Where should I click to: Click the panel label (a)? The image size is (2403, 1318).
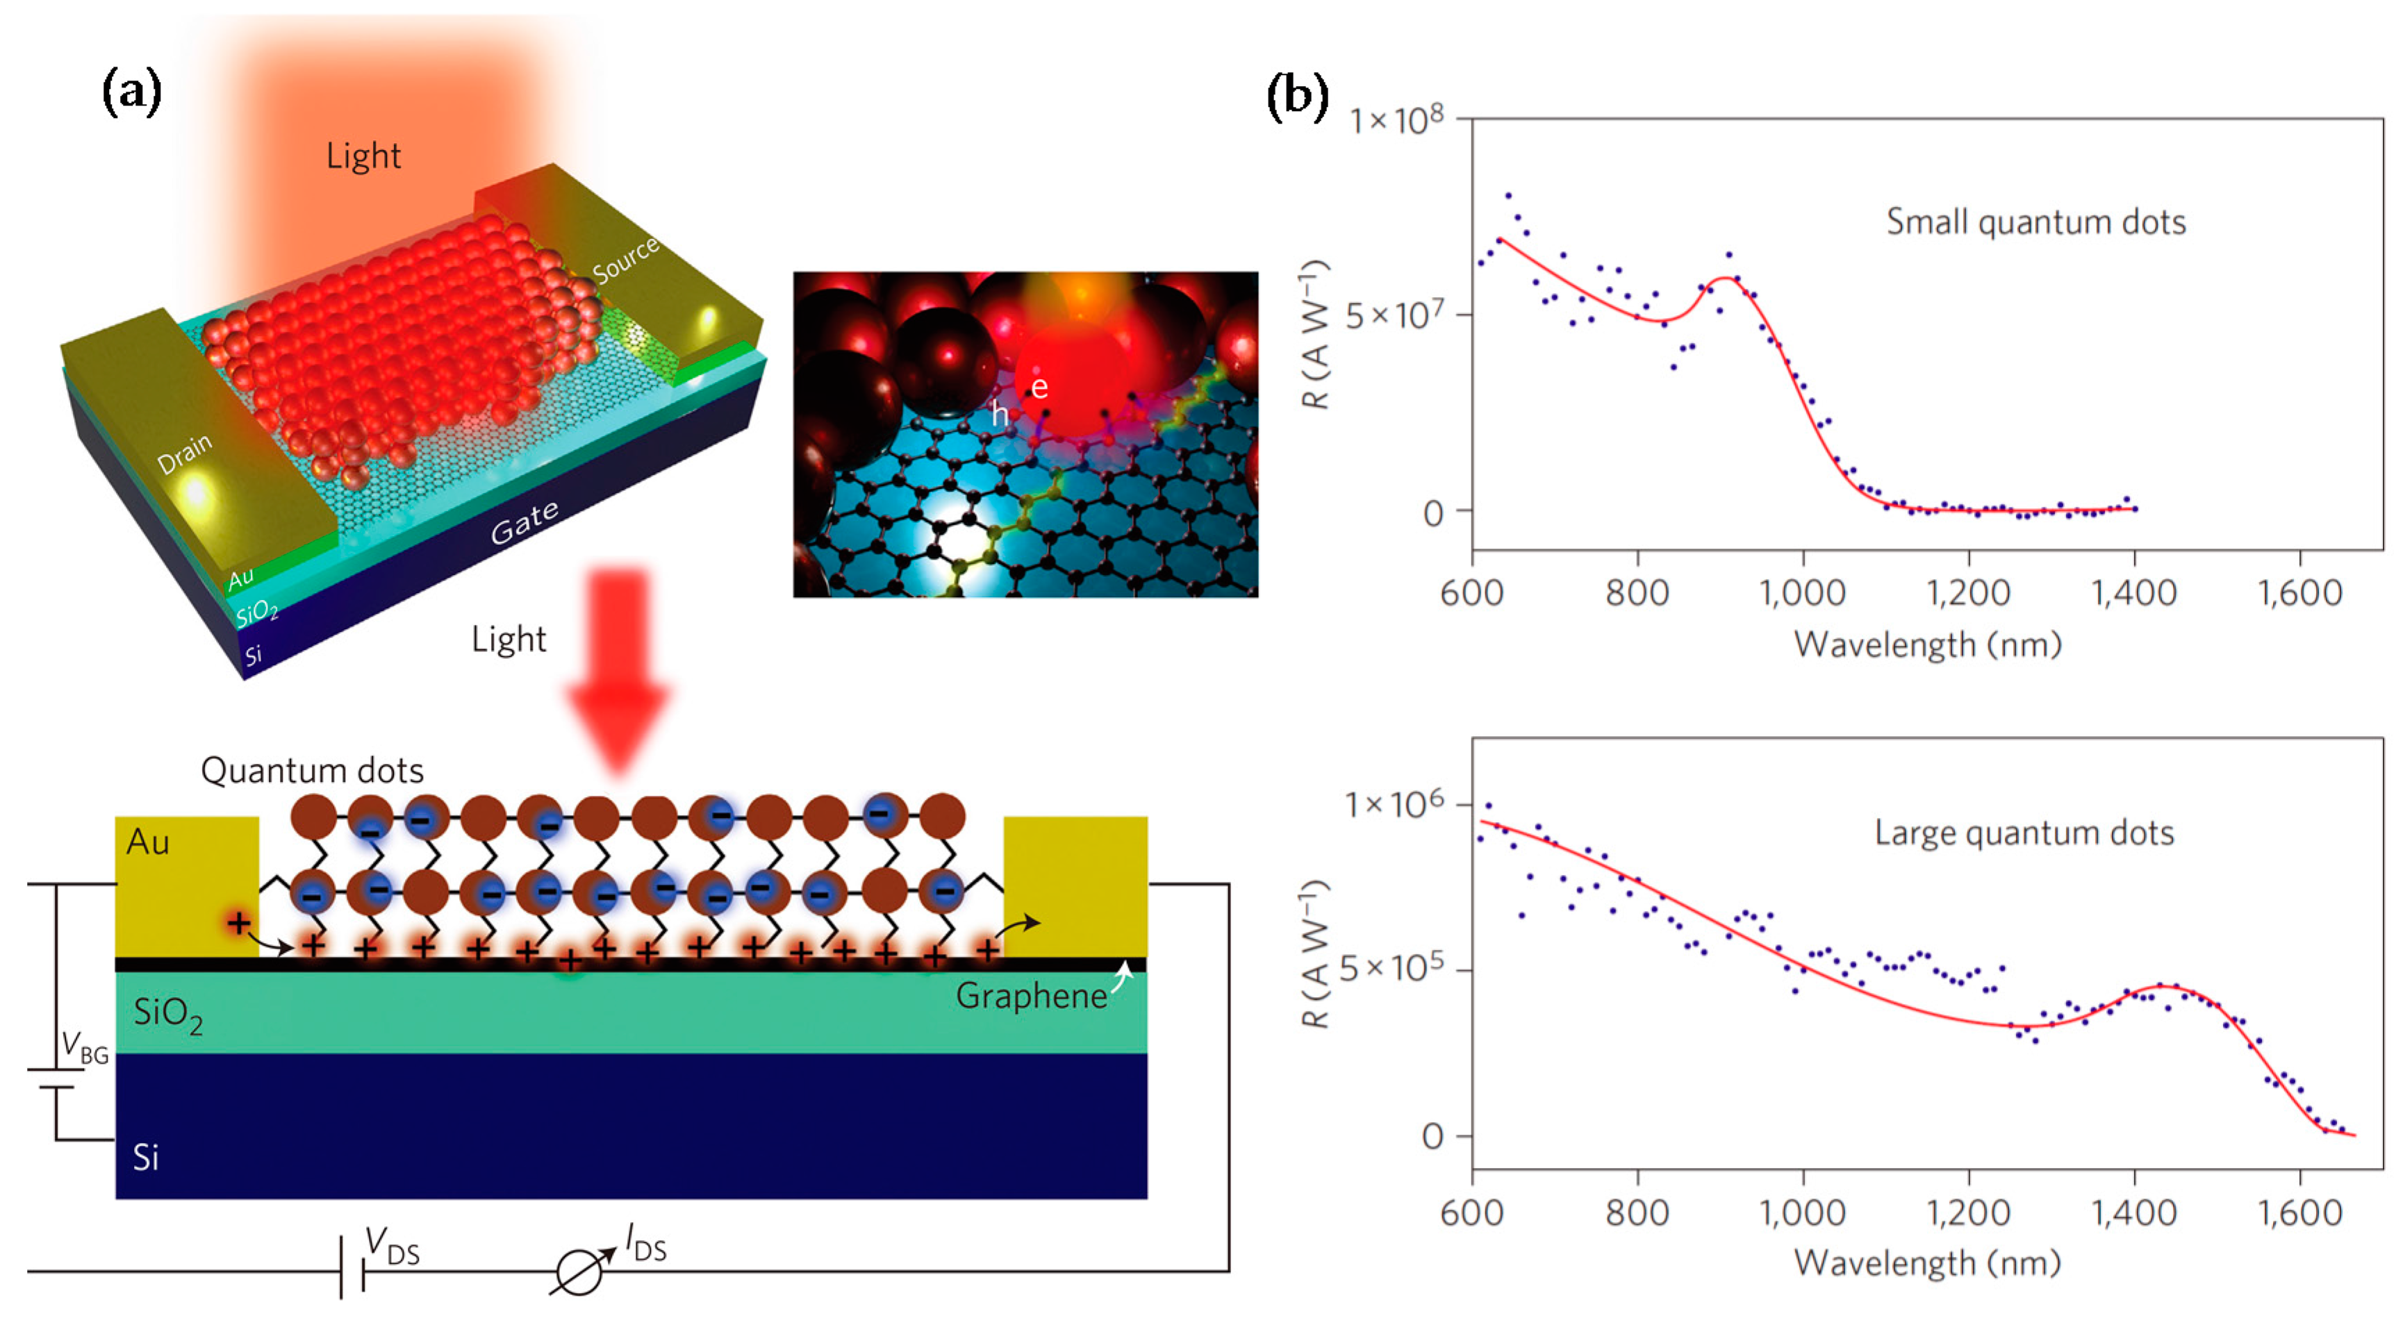click(131, 92)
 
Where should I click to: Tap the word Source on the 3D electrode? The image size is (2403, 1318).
click(626, 258)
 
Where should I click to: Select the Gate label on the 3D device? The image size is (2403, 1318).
click(525, 522)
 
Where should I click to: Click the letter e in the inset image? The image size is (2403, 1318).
click(1039, 387)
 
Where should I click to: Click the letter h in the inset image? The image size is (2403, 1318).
click(999, 413)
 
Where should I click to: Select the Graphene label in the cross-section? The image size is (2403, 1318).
click(1031, 996)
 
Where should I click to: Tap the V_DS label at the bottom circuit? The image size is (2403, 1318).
click(392, 1247)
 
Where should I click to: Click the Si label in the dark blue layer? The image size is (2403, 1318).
click(145, 1158)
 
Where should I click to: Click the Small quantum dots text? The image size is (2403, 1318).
click(2035, 222)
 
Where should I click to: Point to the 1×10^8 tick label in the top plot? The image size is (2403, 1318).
click(1396, 119)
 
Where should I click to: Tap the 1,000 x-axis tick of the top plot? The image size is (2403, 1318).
click(1801, 593)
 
